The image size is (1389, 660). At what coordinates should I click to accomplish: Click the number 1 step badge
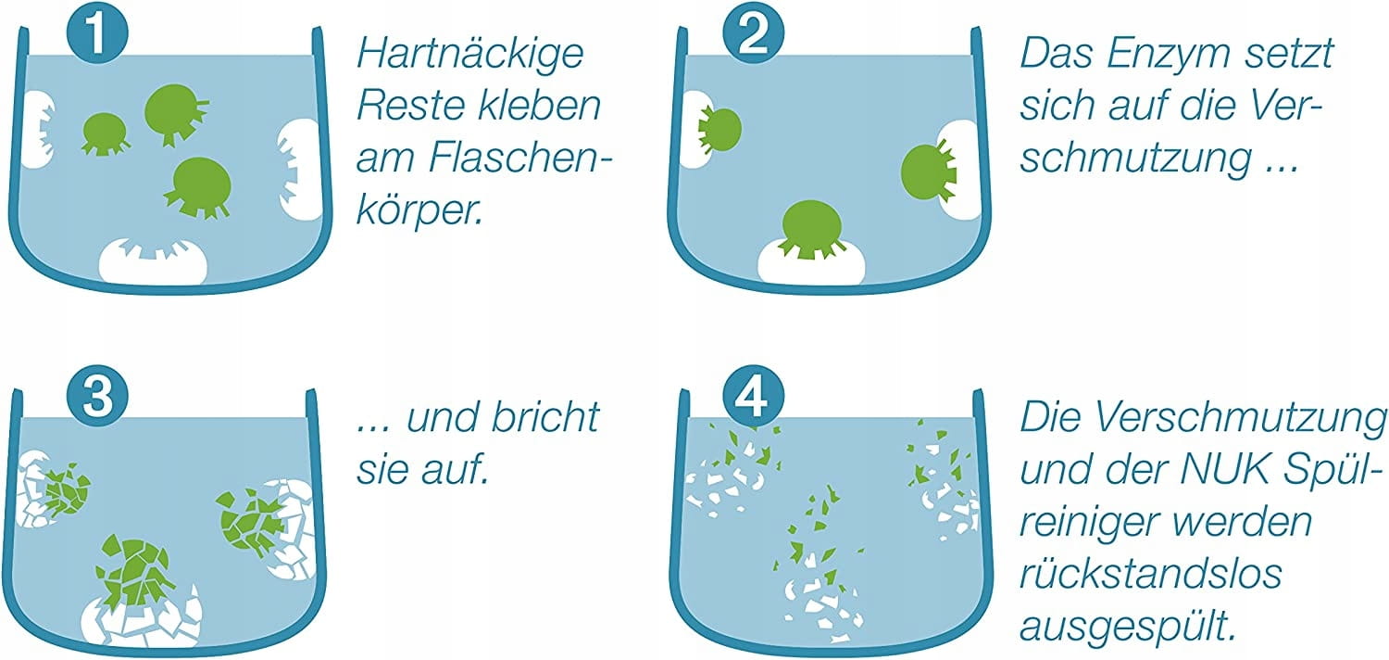click(x=97, y=32)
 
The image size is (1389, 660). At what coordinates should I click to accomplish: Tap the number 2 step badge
click(x=754, y=32)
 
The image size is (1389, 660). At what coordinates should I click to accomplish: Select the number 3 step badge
click(x=97, y=396)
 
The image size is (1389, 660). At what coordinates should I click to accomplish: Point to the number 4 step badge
click(x=754, y=396)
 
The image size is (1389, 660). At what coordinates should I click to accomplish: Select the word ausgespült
click(x=1128, y=627)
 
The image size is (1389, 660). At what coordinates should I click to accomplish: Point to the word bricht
click(x=545, y=417)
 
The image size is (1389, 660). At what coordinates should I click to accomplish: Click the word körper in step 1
click(x=419, y=212)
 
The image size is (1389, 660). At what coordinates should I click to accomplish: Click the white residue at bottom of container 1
click(x=153, y=260)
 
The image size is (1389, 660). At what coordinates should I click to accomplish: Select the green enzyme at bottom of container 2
click(x=811, y=228)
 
